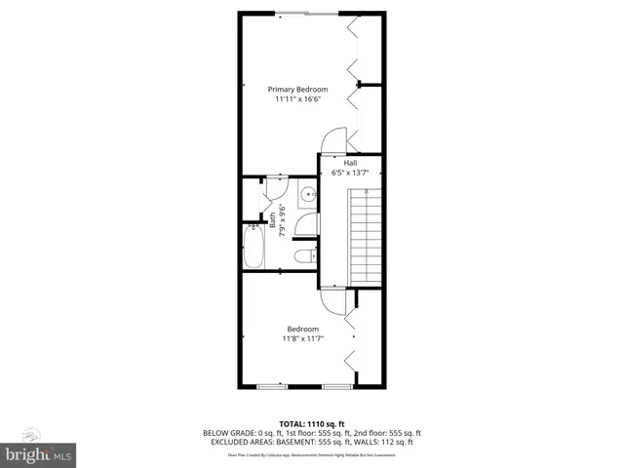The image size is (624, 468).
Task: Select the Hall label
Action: (x=350, y=163)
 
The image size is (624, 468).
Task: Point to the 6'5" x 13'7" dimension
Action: (x=350, y=173)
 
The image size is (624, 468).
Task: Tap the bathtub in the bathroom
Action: (x=253, y=247)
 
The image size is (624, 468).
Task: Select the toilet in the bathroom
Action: (x=302, y=255)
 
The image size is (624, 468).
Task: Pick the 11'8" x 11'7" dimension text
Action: (x=302, y=338)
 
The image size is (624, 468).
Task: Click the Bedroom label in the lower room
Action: (x=302, y=329)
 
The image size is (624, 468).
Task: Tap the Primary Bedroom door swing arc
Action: (x=333, y=141)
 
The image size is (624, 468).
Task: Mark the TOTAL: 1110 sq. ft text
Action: (x=312, y=423)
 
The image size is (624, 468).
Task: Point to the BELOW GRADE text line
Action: (x=312, y=432)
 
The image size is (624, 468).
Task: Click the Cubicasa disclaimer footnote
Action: (x=312, y=454)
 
